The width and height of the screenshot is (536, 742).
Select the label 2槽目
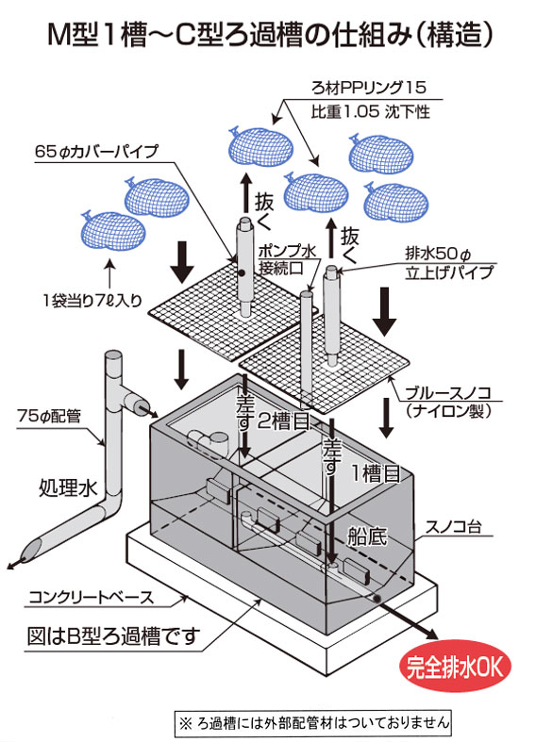tap(281, 422)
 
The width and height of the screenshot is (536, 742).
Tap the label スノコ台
tap(458, 528)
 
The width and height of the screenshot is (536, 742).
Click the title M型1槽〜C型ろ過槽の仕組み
tap(268, 35)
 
